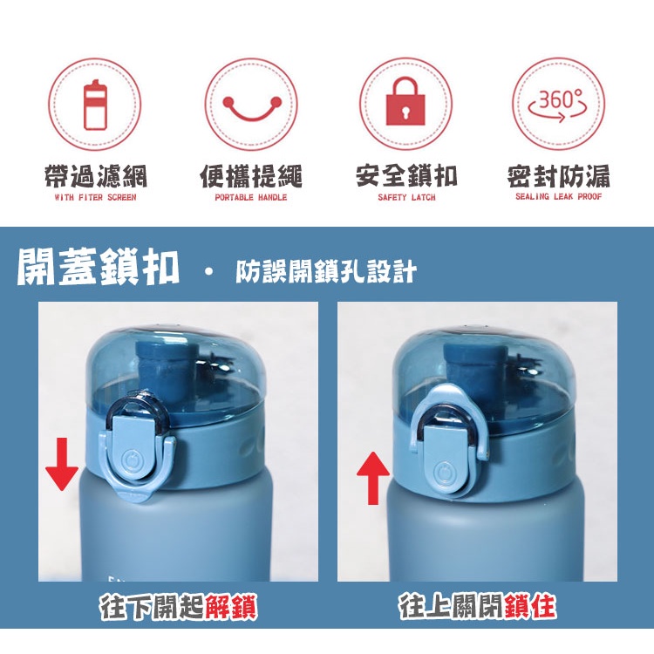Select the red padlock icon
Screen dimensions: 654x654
[x=405, y=101]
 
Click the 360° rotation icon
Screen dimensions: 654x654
[x=558, y=106]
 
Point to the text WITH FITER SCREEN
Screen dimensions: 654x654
[x=96, y=197]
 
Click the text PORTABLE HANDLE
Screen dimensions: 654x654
[x=250, y=197]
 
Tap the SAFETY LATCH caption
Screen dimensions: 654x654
[x=406, y=197]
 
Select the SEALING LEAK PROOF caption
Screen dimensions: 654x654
[x=558, y=196]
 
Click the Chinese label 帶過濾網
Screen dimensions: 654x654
[x=96, y=176]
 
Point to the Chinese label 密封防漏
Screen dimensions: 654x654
[x=559, y=176]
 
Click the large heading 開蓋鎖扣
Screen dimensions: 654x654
[x=99, y=267]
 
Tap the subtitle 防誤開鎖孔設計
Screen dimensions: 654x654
[x=326, y=271]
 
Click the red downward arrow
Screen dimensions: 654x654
[x=62, y=464]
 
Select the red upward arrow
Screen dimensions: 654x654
[x=373, y=479]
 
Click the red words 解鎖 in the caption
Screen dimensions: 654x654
[x=231, y=607]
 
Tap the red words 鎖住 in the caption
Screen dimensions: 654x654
[x=529, y=606]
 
